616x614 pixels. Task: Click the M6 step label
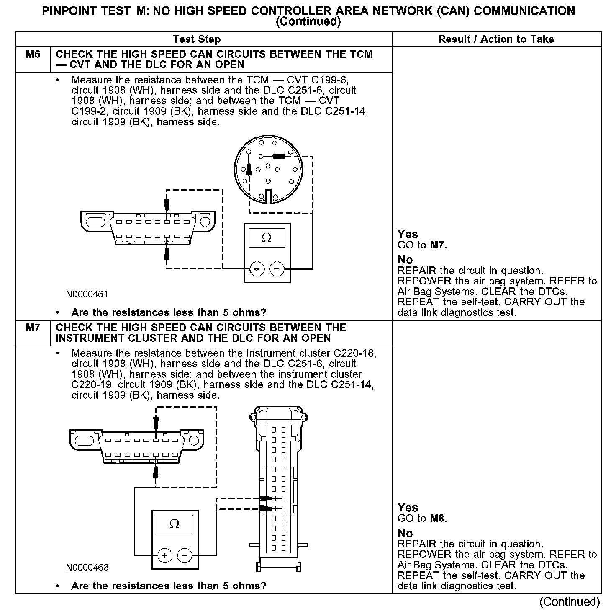coord(33,54)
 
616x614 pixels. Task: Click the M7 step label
coord(33,328)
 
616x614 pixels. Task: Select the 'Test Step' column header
coord(197,39)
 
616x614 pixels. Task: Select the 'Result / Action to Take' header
coord(496,39)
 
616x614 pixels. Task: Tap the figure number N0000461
coord(87,294)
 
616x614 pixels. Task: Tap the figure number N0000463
coord(87,568)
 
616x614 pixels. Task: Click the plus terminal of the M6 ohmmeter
coord(257,269)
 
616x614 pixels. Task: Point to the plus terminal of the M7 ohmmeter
coord(165,556)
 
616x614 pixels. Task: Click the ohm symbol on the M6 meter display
coord(267,238)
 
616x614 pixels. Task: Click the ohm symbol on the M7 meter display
coord(175,524)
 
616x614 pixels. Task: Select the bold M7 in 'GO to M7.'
coord(437,245)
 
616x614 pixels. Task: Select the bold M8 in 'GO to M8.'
coord(437,519)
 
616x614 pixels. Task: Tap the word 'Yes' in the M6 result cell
coord(408,234)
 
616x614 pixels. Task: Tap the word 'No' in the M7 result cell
coord(405,533)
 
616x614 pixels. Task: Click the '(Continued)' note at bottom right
coord(569,602)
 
